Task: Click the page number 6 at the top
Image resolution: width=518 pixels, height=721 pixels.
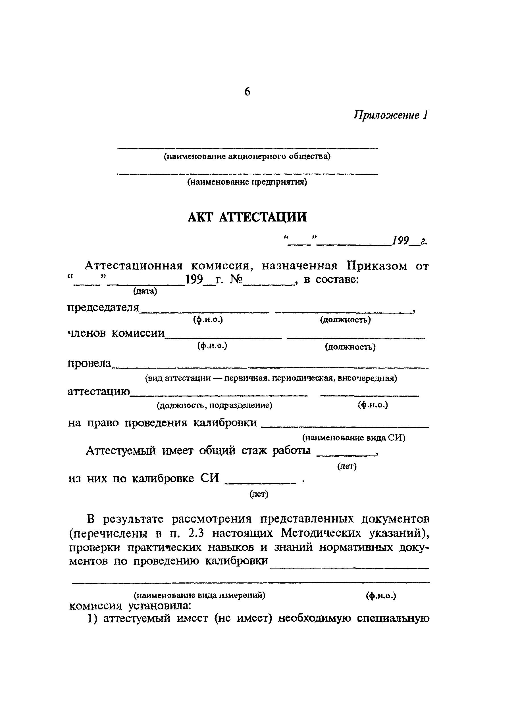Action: pos(247,92)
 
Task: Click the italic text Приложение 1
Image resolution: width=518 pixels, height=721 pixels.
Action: pos(391,115)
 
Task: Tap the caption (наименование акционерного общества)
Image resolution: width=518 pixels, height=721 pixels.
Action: pos(247,156)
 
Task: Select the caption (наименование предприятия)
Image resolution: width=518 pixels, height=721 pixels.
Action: pos(247,182)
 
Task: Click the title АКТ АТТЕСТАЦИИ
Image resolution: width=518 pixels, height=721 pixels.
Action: pos(247,218)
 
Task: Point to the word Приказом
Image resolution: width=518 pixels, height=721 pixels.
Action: pos(377,266)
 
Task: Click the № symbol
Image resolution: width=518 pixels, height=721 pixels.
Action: pos(236,279)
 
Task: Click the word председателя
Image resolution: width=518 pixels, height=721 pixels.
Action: pos(103,308)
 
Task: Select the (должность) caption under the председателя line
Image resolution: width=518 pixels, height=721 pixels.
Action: pos(345,320)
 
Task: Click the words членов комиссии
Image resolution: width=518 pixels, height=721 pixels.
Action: pos(116,333)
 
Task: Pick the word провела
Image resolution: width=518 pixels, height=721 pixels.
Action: pos(90,363)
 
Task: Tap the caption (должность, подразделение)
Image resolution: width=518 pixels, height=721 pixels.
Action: pos(215,406)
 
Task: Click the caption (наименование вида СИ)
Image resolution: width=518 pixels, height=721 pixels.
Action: pos(353,438)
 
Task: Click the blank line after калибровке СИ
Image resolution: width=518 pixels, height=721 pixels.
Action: pos(260,483)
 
